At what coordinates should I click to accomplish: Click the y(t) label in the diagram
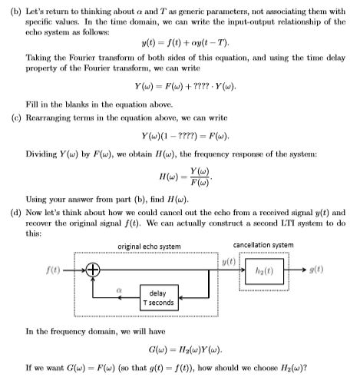coord(228,262)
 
